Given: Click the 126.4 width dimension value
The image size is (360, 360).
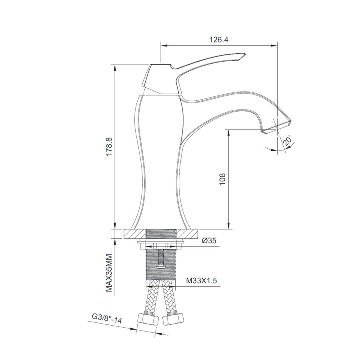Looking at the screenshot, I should tap(219, 39).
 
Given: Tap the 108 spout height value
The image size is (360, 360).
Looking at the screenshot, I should tap(223, 180).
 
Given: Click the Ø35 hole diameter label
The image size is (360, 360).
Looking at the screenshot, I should tap(209, 240).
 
